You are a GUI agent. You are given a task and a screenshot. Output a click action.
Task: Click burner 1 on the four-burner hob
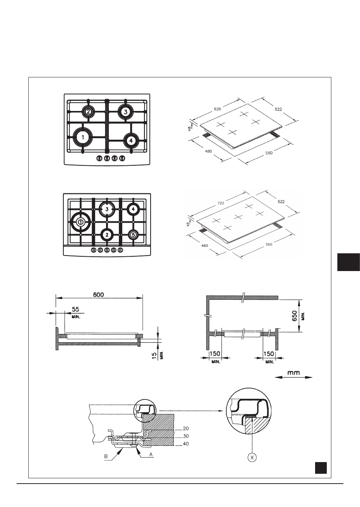click(x=83, y=137)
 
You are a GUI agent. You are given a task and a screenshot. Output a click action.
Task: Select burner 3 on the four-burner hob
click(x=126, y=112)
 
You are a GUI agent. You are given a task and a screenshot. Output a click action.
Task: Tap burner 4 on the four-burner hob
click(x=131, y=140)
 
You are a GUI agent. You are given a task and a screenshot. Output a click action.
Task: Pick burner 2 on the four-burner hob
click(x=88, y=111)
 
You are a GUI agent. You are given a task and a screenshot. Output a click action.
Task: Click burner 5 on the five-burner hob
click(x=133, y=235)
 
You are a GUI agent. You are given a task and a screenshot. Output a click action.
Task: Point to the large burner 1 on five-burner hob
click(x=80, y=222)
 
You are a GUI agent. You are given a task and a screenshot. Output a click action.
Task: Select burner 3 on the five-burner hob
click(x=107, y=210)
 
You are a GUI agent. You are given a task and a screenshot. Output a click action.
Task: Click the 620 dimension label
click(x=217, y=109)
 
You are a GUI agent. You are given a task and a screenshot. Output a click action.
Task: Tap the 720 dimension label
click(x=221, y=203)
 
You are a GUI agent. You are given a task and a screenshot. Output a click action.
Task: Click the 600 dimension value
click(x=98, y=294)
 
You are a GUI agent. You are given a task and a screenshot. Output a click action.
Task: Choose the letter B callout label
click(x=106, y=456)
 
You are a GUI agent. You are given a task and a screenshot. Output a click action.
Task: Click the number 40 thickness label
click(x=186, y=444)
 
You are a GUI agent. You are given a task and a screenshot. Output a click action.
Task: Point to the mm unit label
click(x=294, y=373)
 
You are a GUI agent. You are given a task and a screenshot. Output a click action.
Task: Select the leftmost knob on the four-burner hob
click(x=99, y=158)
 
